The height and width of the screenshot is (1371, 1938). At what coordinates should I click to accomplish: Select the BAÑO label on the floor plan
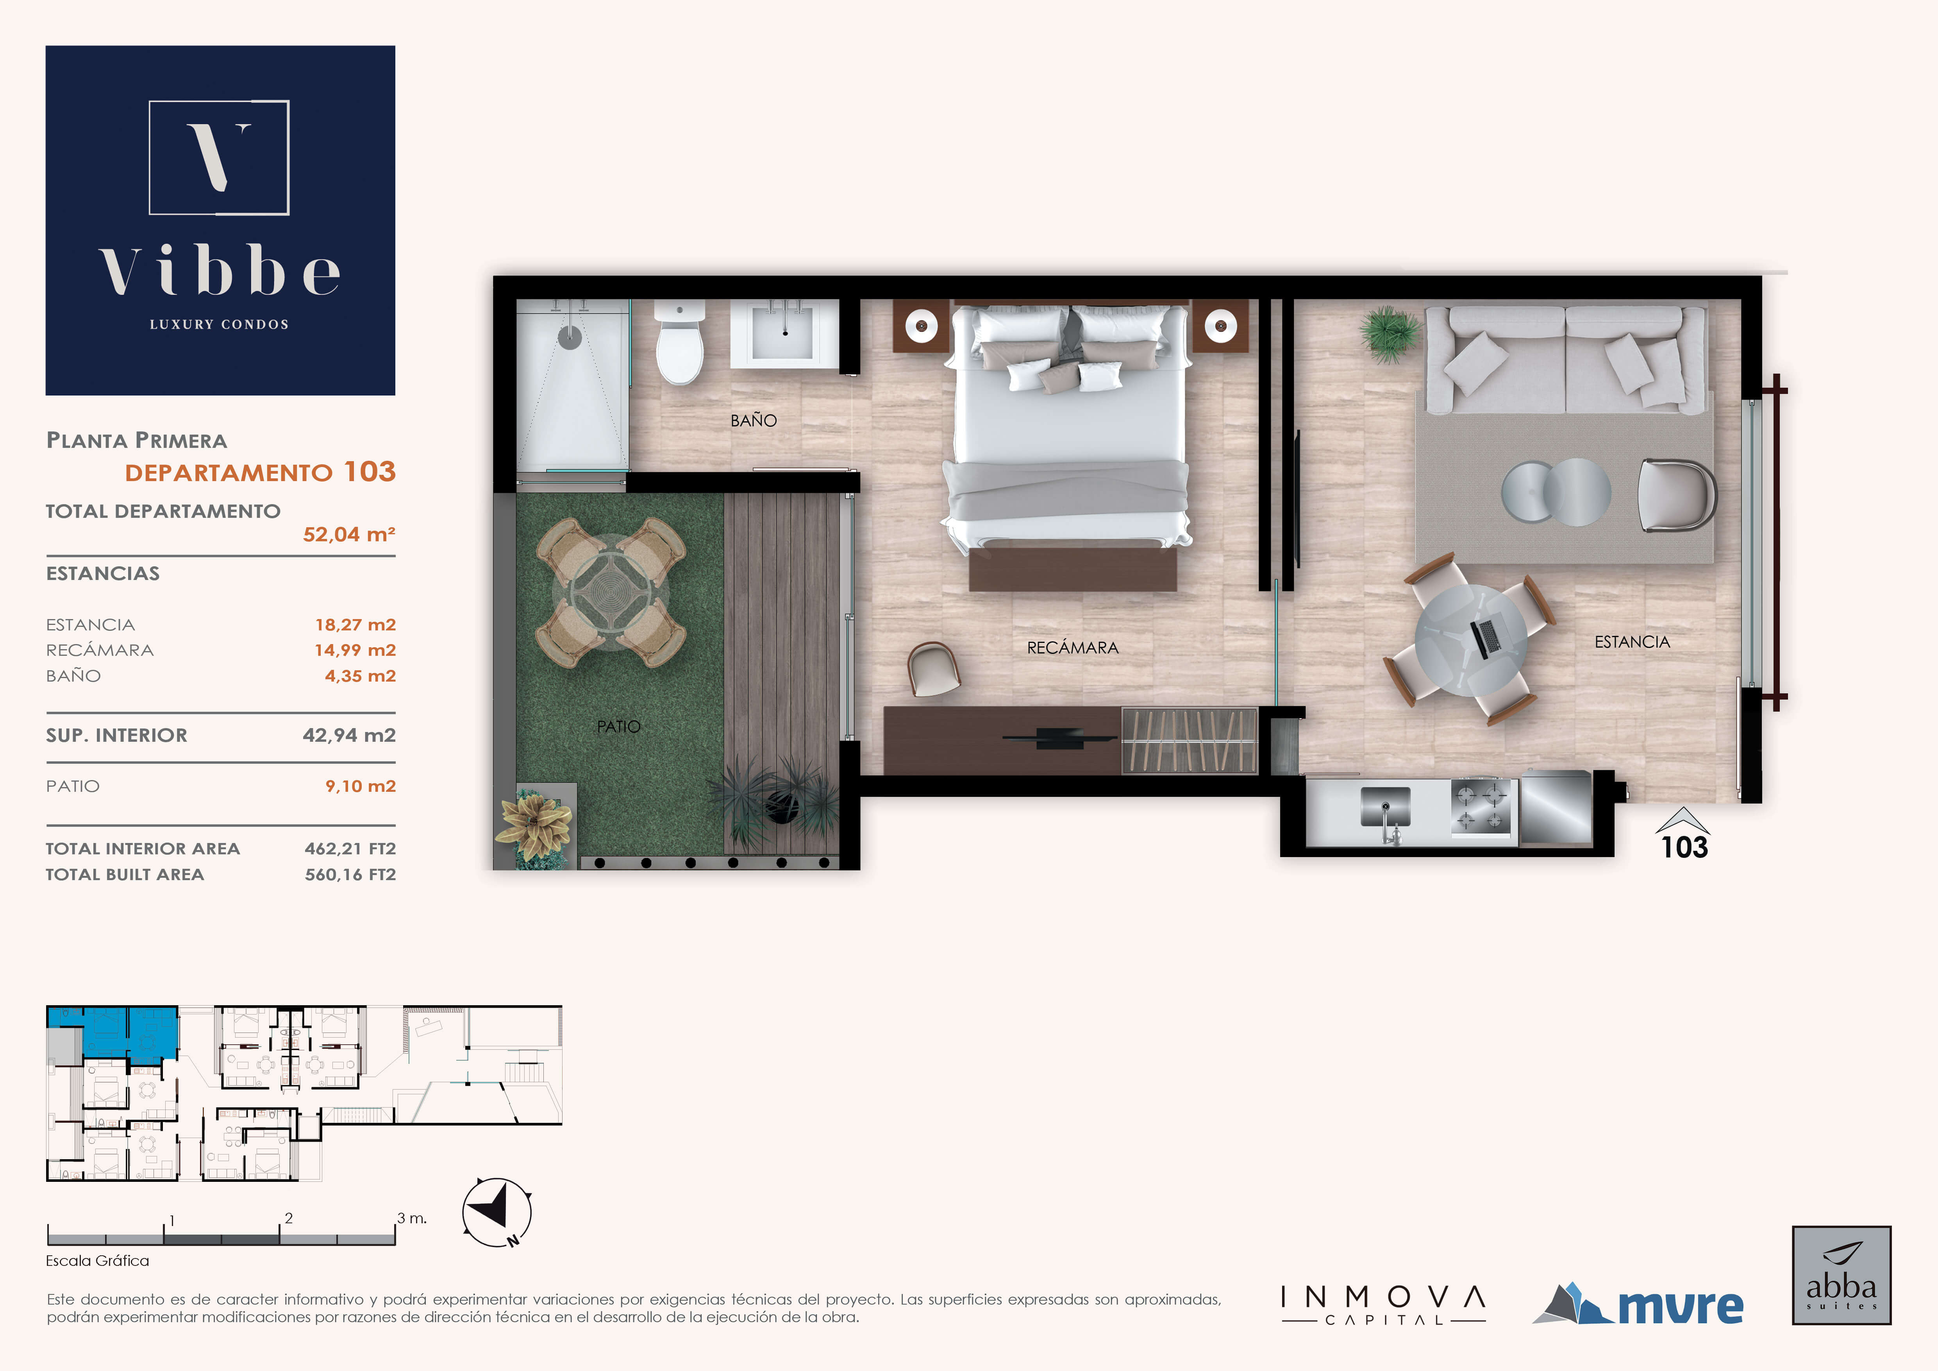tap(754, 421)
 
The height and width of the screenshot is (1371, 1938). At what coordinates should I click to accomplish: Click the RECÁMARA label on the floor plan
tap(1073, 648)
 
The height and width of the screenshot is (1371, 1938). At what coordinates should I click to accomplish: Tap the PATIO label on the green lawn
tap(619, 726)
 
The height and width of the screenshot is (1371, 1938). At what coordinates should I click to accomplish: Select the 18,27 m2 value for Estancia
tap(355, 625)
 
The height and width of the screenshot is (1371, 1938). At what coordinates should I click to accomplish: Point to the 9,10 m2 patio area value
tap(361, 786)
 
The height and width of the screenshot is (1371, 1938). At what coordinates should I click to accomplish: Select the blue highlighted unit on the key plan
tap(112, 1033)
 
